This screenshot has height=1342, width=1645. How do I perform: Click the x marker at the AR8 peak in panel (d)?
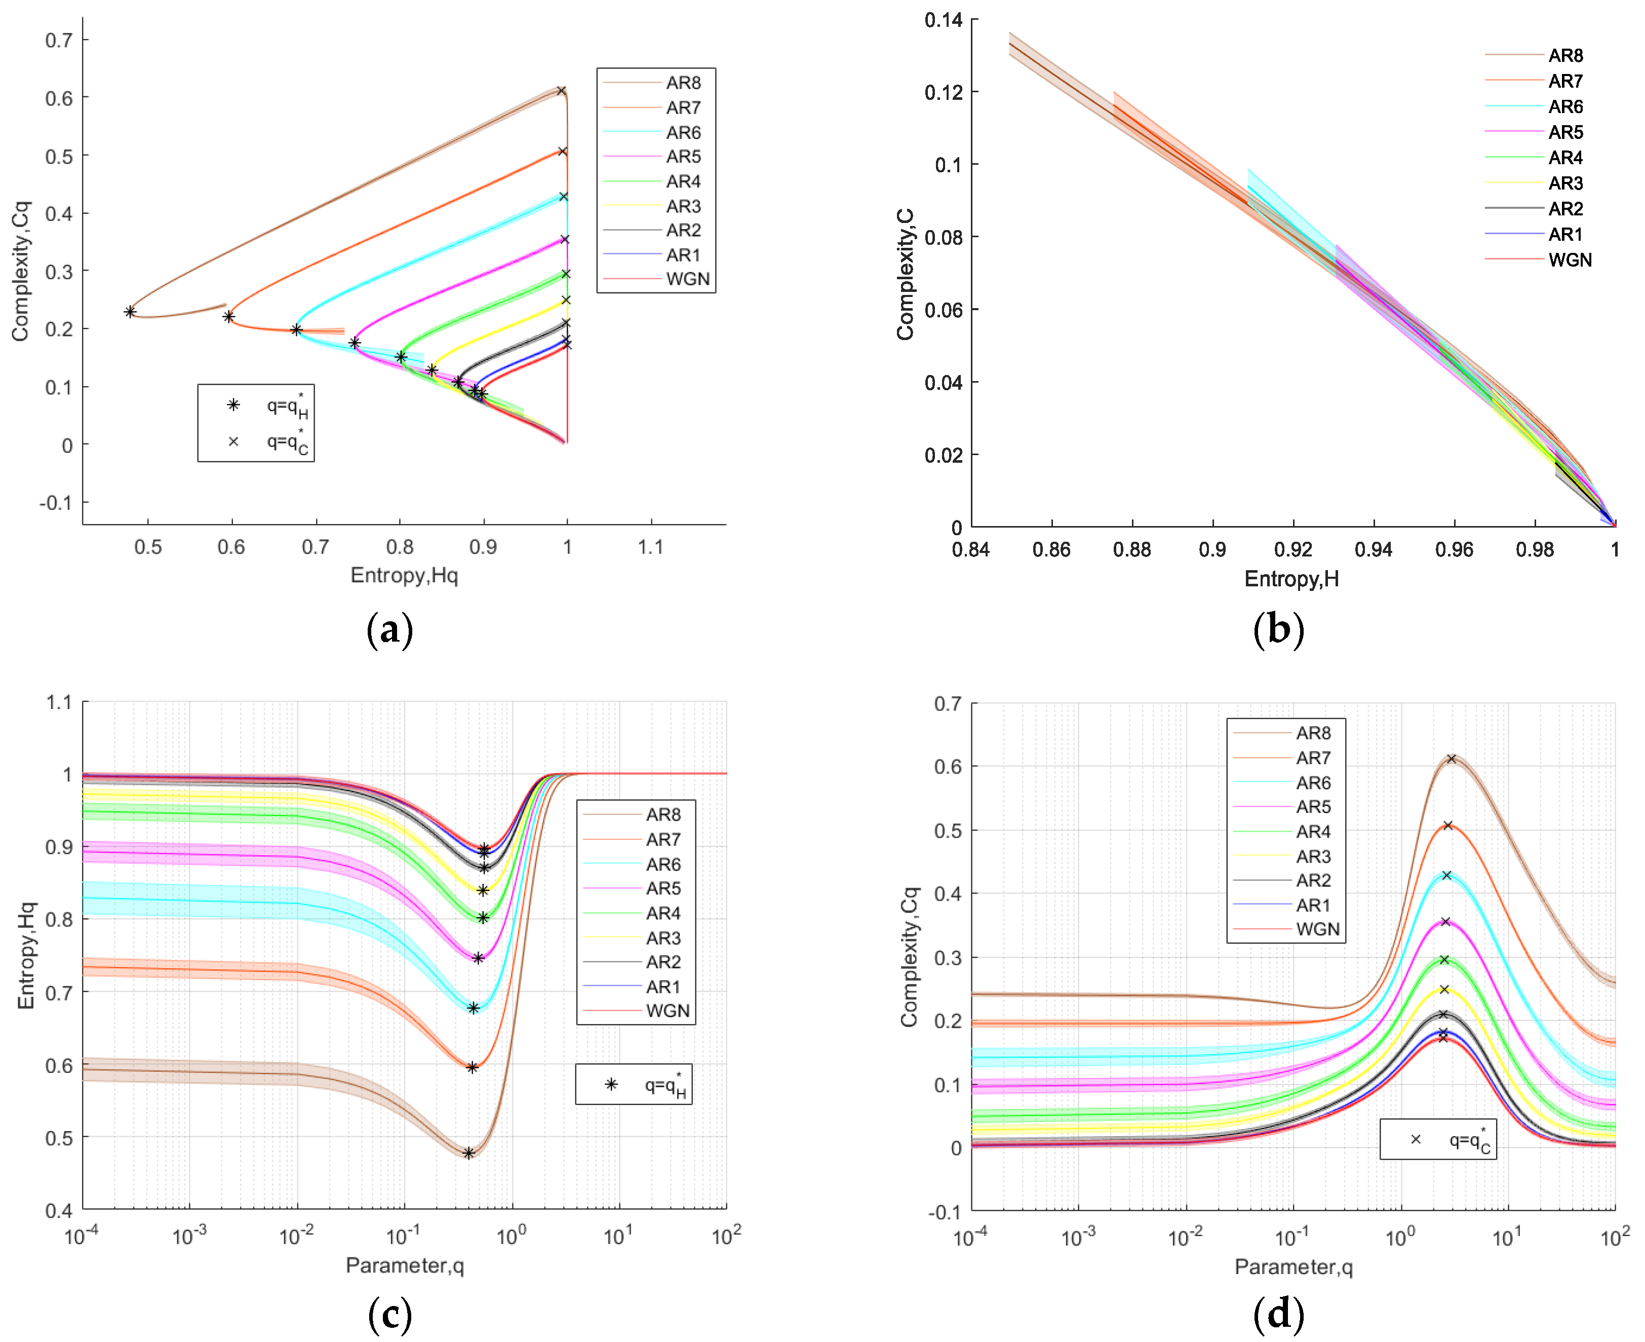pos(1451,759)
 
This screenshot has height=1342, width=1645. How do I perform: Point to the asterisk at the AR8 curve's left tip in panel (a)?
pos(130,312)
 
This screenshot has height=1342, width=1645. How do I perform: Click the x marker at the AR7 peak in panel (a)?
pos(563,152)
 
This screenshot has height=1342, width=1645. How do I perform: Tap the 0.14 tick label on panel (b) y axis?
pos(944,20)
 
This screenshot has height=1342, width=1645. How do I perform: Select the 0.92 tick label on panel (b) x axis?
pos(1292,550)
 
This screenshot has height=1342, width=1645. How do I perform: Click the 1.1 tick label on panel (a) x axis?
pos(651,547)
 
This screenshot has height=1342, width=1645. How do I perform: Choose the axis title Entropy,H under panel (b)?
pos(1291,579)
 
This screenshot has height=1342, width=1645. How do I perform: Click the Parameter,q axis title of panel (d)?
pos(1292,1266)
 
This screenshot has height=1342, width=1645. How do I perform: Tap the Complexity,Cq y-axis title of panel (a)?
pos(20,271)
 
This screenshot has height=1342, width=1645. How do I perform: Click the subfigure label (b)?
pos(1278,628)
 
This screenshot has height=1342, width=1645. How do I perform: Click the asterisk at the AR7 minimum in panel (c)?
pos(472,1068)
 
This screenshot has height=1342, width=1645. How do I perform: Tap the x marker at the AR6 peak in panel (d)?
pos(1446,876)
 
